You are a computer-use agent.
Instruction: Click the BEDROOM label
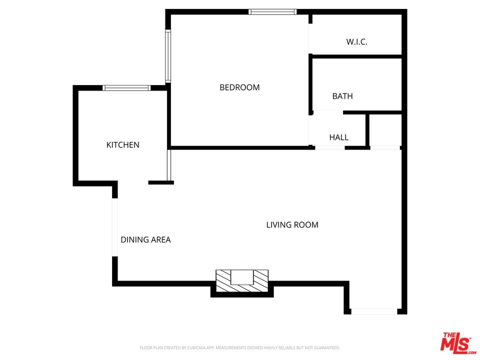click(239, 87)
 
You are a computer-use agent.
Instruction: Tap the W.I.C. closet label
click(356, 42)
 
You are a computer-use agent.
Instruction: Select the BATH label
click(342, 96)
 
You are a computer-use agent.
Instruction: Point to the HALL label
click(338, 137)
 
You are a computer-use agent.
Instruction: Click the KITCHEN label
click(122, 145)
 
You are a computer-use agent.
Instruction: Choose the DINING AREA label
click(145, 240)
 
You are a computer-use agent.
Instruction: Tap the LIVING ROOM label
click(292, 225)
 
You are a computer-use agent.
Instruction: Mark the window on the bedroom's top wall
click(272, 12)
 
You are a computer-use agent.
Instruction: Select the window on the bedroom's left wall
click(168, 56)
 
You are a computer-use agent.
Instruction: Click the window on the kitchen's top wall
click(126, 88)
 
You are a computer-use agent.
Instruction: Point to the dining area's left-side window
click(114, 227)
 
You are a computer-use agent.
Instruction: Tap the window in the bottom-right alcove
click(374, 311)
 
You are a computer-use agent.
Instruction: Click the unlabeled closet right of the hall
click(384, 130)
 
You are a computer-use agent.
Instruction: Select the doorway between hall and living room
click(330, 148)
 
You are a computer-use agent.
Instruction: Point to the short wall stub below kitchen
click(161, 182)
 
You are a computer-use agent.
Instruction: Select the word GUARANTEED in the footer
click(325, 347)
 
